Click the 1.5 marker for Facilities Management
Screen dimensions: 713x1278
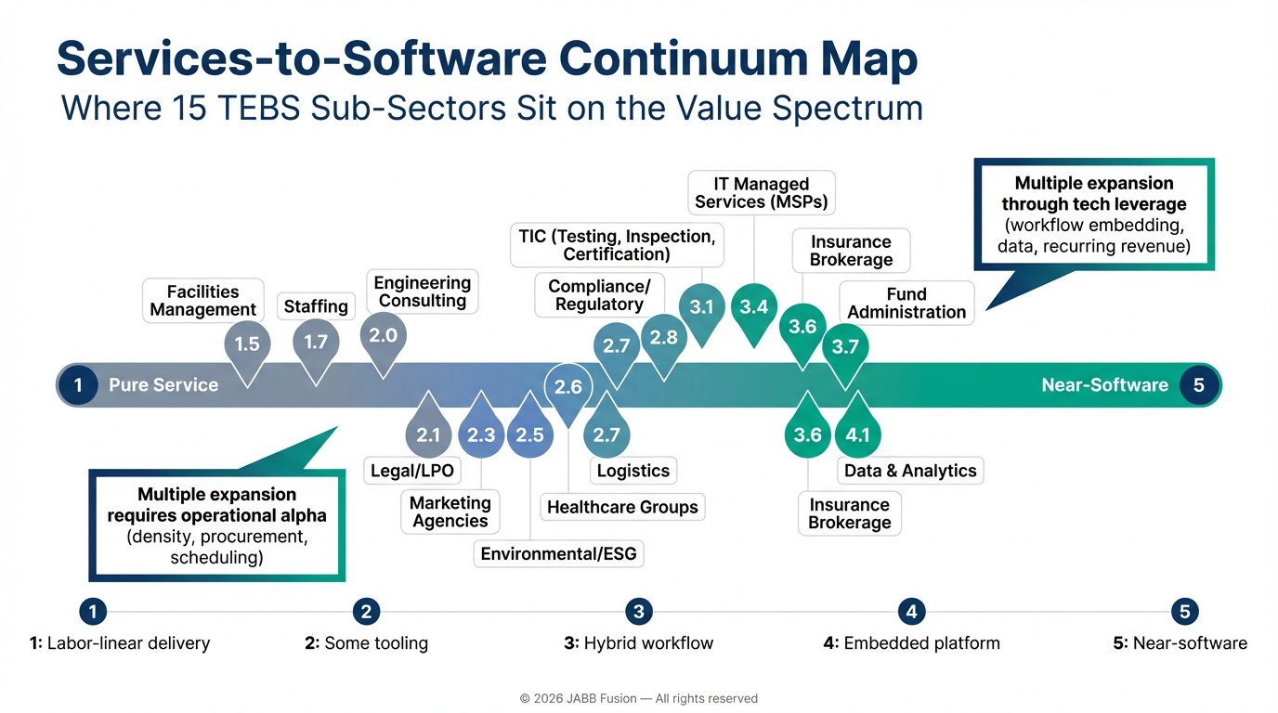pyautogui.click(x=246, y=344)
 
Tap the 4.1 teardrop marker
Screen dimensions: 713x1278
pyautogui.click(x=857, y=434)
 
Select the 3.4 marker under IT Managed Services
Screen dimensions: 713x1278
pyautogui.click(x=753, y=307)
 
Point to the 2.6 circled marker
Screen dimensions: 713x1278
pyautogui.click(x=567, y=387)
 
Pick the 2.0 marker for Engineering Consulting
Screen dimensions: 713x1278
pyautogui.click(x=383, y=336)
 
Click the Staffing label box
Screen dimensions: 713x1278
pyautogui.click(x=316, y=306)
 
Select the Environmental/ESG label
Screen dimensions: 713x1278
pyautogui.click(x=558, y=554)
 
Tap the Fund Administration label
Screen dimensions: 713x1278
pyautogui.click(x=906, y=303)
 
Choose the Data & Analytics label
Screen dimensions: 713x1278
pyautogui.click(x=910, y=471)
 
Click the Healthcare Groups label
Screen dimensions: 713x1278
pyautogui.click(x=622, y=507)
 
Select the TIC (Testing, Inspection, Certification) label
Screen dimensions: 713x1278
pyautogui.click(x=617, y=244)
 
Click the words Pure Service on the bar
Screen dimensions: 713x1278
pyautogui.click(x=163, y=385)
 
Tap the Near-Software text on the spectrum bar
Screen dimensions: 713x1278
pyautogui.click(x=1104, y=385)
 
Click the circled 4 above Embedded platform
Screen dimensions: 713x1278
pyautogui.click(x=911, y=611)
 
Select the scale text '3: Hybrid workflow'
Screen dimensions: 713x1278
pyautogui.click(x=638, y=642)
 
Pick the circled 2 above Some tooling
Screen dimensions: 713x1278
pyautogui.click(x=366, y=611)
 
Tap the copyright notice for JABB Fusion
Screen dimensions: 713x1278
pyautogui.click(x=639, y=698)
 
